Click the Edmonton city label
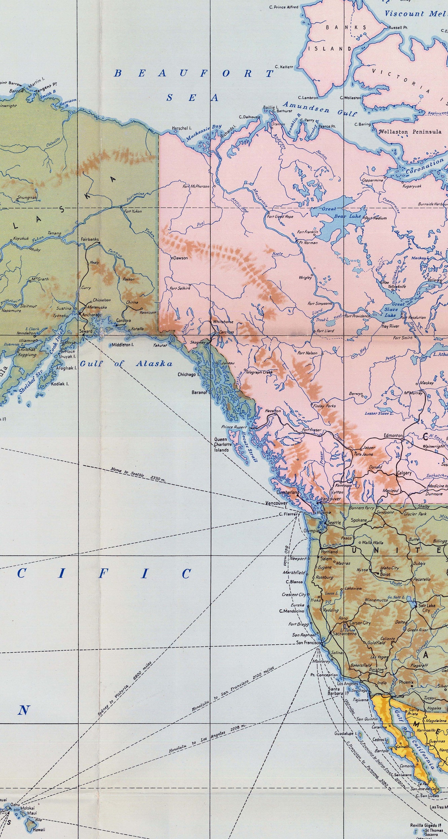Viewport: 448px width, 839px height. [394, 436]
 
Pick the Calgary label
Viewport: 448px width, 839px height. [404, 473]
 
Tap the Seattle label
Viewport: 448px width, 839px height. [334, 522]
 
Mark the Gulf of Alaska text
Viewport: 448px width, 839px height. [126, 364]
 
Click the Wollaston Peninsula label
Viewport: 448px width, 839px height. [410, 132]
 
